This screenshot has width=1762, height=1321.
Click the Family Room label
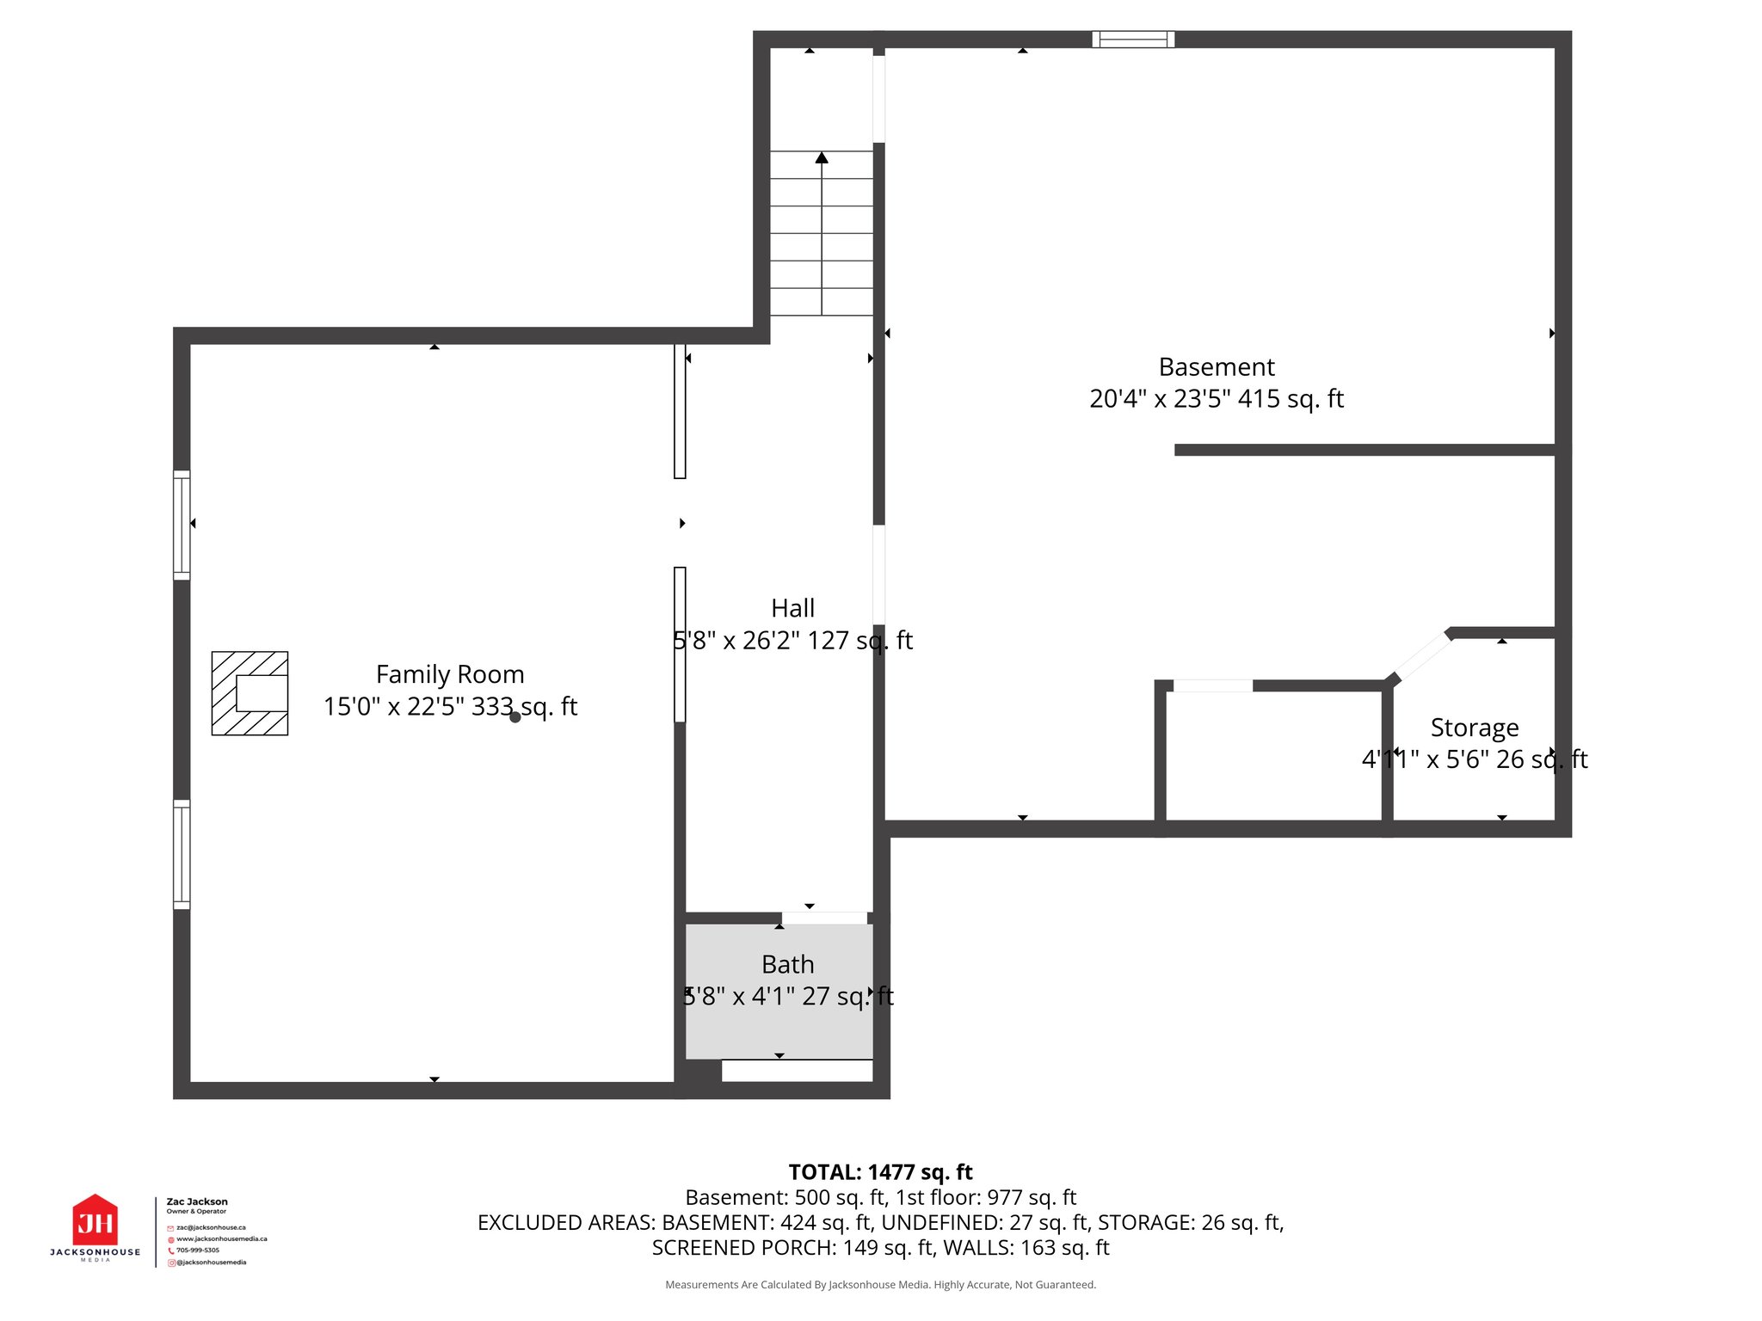tap(449, 674)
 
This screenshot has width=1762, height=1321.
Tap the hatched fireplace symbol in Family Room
tap(250, 693)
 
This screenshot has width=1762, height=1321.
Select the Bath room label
tap(787, 964)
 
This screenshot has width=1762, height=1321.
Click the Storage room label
tap(1474, 728)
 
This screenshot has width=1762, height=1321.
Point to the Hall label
tap(792, 608)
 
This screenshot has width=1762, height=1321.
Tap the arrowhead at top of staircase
tap(822, 158)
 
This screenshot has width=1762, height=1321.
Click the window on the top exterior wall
tap(1133, 39)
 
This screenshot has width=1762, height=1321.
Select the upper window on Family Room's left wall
tap(182, 525)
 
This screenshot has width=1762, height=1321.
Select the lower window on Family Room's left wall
tap(182, 854)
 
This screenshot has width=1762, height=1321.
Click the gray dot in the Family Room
tap(515, 717)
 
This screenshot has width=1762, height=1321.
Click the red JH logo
tap(95, 1220)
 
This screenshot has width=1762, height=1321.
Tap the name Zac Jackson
tap(197, 1201)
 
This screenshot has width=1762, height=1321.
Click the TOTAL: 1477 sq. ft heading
tap(880, 1172)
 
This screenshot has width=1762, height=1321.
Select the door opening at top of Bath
tap(824, 919)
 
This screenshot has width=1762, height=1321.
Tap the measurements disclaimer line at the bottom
tap(880, 1285)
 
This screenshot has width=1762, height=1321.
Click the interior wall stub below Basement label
tap(1364, 450)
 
